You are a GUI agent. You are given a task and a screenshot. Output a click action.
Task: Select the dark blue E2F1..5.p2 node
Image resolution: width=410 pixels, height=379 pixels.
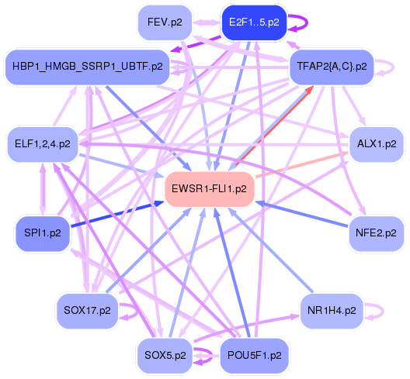[x=254, y=22]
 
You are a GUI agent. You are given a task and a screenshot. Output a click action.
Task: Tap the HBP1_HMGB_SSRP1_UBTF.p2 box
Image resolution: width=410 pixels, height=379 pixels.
[x=88, y=67]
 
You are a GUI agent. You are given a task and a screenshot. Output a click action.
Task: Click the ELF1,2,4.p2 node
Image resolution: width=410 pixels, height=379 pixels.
[x=42, y=143]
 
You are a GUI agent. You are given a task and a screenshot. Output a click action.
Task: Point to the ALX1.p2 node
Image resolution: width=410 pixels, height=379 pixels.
[x=377, y=143]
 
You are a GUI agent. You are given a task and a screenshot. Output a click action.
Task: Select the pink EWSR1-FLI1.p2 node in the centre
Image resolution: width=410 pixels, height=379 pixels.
[x=210, y=188]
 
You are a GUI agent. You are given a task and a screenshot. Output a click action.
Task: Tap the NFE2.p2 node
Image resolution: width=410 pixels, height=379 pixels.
[x=377, y=232]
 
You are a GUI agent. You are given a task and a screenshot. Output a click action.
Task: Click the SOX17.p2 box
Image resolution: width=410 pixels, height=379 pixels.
[x=84, y=311]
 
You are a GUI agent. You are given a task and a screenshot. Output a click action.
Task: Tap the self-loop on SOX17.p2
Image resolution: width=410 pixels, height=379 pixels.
[x=134, y=313]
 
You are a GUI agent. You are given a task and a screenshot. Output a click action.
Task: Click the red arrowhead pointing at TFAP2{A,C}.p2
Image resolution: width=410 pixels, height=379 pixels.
[x=308, y=92]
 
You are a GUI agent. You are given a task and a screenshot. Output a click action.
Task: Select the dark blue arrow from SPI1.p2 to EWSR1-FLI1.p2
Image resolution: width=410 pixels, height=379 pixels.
[x=109, y=215]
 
